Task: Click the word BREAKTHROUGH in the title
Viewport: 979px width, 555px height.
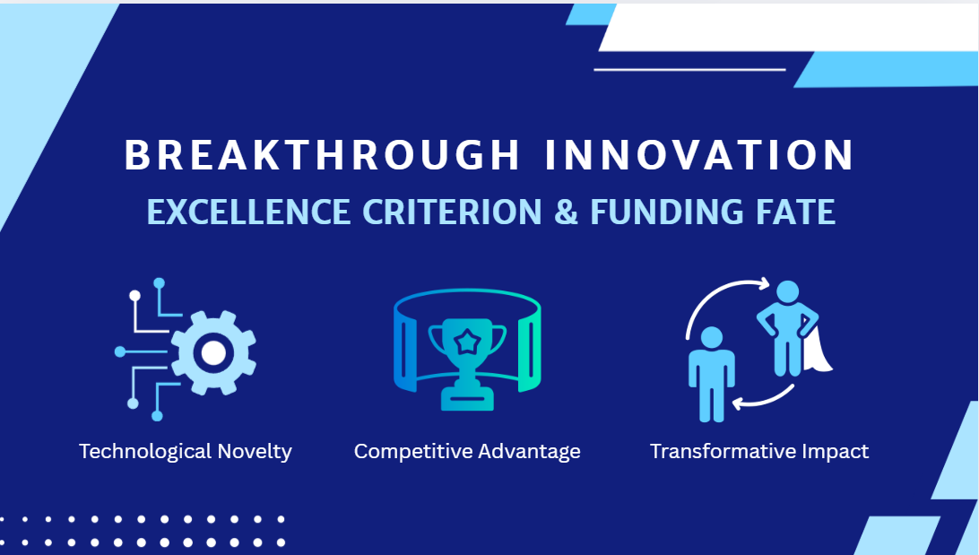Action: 322,155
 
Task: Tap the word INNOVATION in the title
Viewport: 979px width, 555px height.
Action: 699,155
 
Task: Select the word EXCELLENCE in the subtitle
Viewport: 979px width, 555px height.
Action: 248,212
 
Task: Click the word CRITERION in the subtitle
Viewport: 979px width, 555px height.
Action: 452,212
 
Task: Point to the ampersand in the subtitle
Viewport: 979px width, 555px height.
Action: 566,212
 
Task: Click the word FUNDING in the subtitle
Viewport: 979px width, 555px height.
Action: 667,212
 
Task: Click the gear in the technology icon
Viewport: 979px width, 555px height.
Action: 212,352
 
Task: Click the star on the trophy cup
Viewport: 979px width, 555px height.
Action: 467,343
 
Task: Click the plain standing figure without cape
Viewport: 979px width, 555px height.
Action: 711,375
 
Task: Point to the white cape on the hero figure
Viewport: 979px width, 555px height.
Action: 818,351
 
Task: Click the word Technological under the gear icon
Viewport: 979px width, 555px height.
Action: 145,451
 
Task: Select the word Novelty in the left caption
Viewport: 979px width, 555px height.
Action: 256,451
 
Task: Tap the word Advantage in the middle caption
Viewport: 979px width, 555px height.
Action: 521,451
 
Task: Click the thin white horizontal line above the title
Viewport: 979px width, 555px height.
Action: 689,70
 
